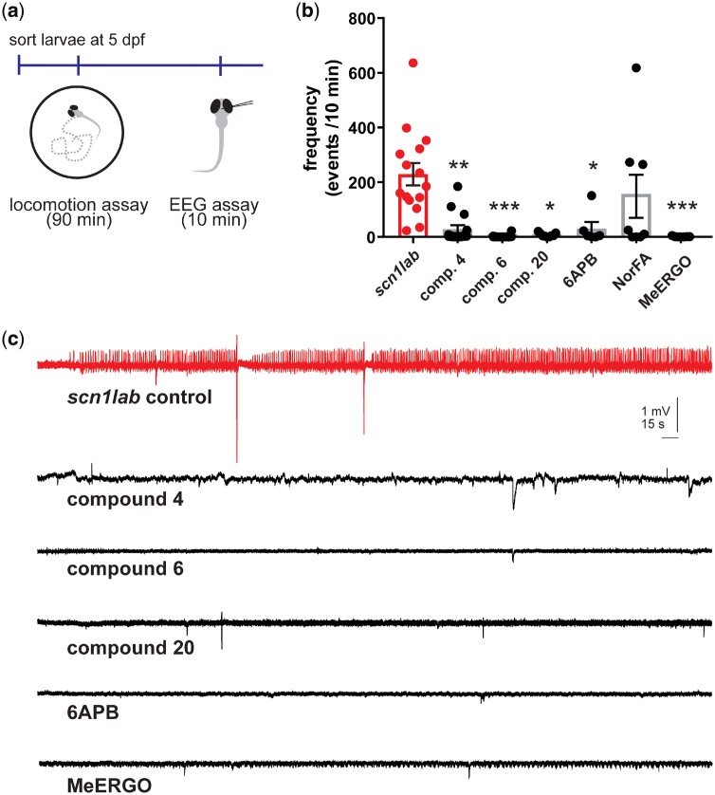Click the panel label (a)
(x=14, y=12)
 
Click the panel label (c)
(x=14, y=338)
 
